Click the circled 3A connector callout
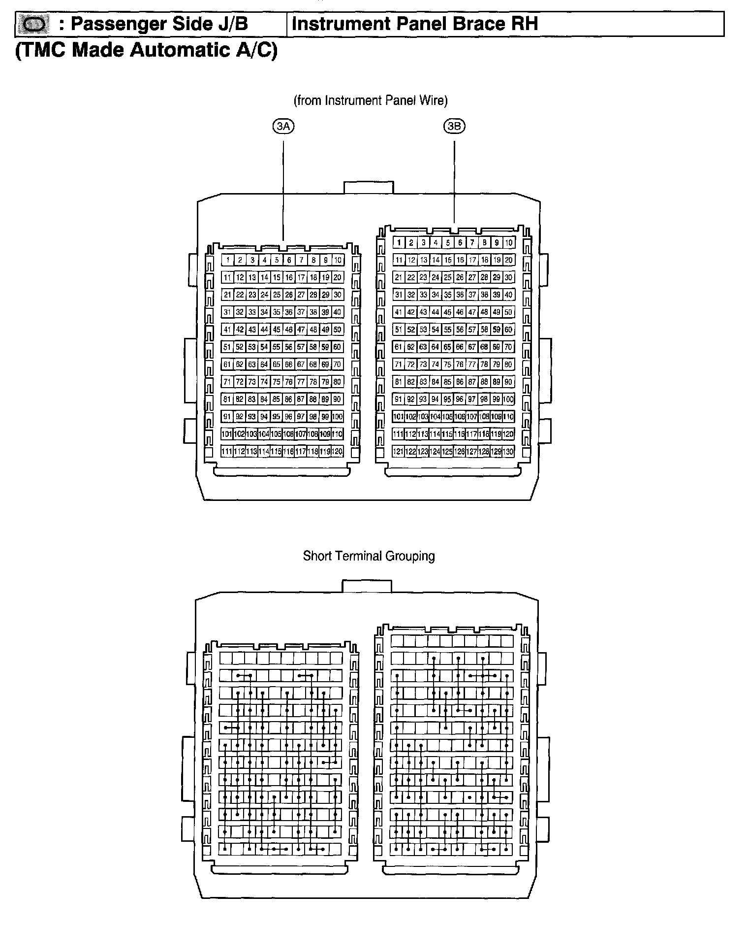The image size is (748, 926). (x=283, y=127)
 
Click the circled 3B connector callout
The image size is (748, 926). (x=454, y=127)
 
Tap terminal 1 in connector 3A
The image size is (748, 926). (x=227, y=260)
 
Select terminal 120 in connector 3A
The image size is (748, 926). (x=337, y=451)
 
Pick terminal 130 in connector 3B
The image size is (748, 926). (x=509, y=451)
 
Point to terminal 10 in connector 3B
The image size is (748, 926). (x=509, y=242)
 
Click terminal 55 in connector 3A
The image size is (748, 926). (x=276, y=347)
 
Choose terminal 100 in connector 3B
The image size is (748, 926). (x=509, y=399)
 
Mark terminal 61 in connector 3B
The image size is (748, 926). (x=399, y=347)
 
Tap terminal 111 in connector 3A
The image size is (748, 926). (x=227, y=451)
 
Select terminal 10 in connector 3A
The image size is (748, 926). (x=337, y=260)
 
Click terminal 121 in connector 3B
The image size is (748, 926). (x=399, y=451)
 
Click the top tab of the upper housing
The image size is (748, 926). (x=369, y=187)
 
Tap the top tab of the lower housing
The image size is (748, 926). (x=367, y=586)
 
